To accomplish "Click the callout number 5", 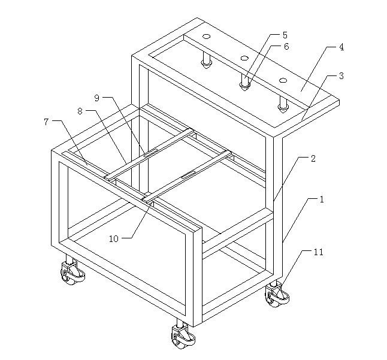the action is (x=285, y=35).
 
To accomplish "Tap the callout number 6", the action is (x=286, y=46).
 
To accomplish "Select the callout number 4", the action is (x=341, y=47).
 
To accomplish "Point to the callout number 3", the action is (x=341, y=75).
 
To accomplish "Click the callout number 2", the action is (x=313, y=158).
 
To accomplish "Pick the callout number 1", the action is (x=321, y=199).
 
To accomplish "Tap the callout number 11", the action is (x=318, y=252).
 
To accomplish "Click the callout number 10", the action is (x=114, y=238).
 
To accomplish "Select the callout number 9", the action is (x=97, y=98).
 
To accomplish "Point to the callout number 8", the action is (x=80, y=111).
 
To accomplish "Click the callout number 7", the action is (x=46, y=122).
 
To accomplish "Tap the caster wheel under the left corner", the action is (x=72, y=271).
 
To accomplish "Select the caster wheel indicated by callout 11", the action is (x=277, y=294).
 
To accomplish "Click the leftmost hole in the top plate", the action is (x=206, y=37).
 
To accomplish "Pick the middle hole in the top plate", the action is (x=244, y=58).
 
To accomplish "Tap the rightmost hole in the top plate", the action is (x=283, y=80).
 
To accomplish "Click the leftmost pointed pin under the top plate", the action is (x=206, y=60).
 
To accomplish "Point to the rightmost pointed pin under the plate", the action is (x=283, y=104).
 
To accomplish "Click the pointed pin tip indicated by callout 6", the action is (x=244, y=87).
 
